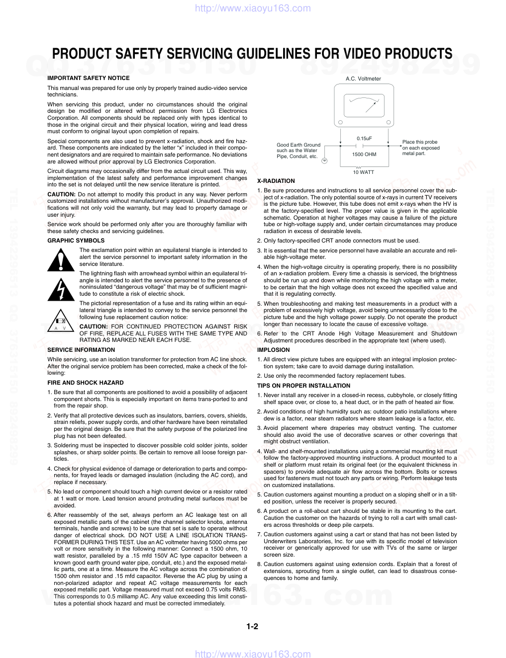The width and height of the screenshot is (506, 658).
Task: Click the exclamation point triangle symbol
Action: [x=61, y=260]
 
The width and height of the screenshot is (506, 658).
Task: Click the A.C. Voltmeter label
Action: [x=363, y=79]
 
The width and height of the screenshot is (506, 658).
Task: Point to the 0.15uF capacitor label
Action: [x=364, y=138]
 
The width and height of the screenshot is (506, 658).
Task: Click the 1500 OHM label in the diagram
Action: [x=364, y=154]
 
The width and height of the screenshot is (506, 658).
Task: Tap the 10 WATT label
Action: [x=363, y=172]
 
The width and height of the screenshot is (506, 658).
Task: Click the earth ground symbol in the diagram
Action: [x=324, y=161]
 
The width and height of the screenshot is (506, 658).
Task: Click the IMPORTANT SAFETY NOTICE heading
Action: [x=88, y=78]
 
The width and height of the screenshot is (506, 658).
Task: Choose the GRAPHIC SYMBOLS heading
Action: [x=76, y=241]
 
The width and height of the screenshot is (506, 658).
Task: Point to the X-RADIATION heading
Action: [x=276, y=181]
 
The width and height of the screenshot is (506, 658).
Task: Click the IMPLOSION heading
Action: [x=273, y=350]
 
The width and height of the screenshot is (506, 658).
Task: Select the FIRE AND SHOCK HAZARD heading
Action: [x=86, y=383]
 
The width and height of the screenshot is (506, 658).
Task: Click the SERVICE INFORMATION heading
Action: [x=81, y=350]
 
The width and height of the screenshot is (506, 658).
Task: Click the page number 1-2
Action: [x=252, y=626]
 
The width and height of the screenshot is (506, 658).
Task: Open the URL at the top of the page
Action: [x=253, y=8]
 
